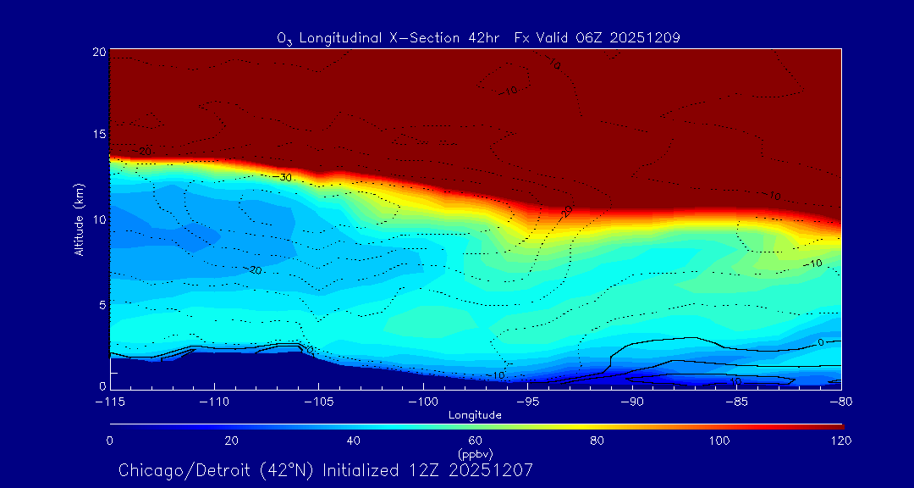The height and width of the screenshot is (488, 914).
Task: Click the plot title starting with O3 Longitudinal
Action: tap(478, 37)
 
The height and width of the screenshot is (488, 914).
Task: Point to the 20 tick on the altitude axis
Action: tap(99, 52)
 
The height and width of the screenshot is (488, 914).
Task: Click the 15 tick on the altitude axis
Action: tap(99, 135)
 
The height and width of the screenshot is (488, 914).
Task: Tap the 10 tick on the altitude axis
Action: tap(99, 219)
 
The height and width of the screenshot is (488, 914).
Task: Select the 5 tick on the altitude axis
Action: tap(102, 303)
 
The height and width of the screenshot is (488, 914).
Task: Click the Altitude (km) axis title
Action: tap(79, 219)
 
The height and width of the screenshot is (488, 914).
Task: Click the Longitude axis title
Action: tap(475, 415)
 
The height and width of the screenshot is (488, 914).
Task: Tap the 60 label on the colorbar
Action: tap(476, 441)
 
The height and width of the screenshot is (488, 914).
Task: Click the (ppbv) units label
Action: tap(475, 453)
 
